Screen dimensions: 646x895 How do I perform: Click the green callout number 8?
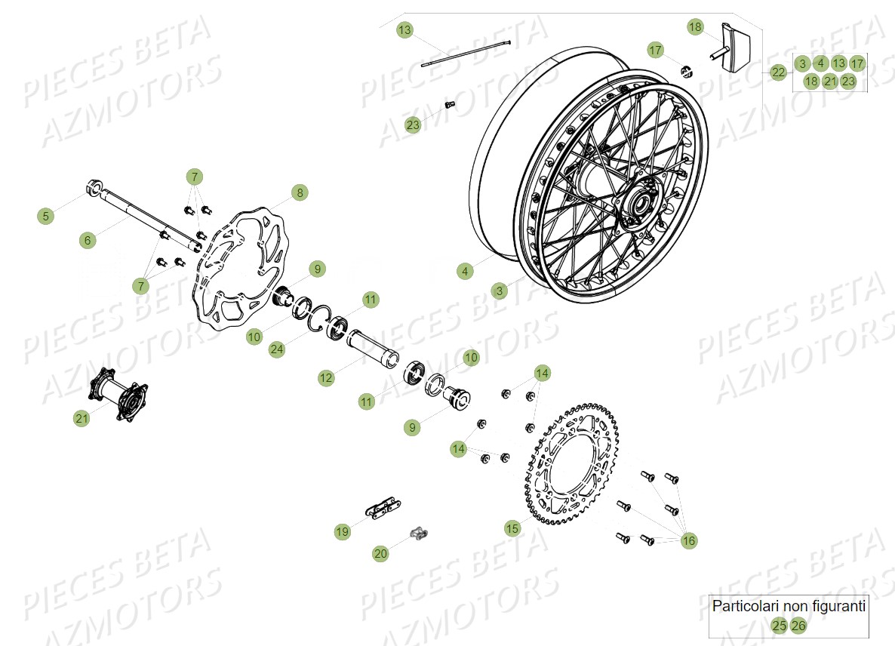coord(300,193)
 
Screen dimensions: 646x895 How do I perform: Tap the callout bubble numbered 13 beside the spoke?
coord(405,30)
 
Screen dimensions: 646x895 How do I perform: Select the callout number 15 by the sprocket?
coord(512,529)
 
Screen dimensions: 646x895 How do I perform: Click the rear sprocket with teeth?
coord(574,469)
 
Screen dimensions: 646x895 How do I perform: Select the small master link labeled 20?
coord(420,534)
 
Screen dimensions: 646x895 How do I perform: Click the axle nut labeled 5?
coord(95,186)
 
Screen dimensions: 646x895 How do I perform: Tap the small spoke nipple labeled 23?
coord(450,104)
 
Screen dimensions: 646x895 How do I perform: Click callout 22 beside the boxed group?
coord(779,72)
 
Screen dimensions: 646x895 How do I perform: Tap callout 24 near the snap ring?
coord(277,349)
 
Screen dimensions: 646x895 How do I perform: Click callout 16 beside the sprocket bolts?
coord(689,540)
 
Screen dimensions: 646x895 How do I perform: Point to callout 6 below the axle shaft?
coord(88,241)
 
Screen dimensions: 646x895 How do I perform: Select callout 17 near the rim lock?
coord(656,50)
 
